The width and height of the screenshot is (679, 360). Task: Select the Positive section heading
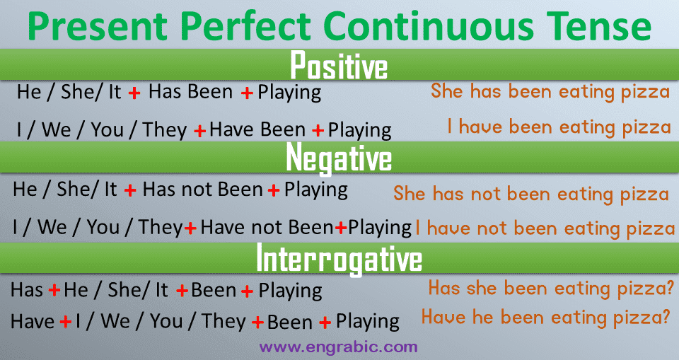click(x=339, y=65)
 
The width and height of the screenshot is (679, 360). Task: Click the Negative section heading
click(x=339, y=158)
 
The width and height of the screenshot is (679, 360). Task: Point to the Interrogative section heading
click(x=339, y=259)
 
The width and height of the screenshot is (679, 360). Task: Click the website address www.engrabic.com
click(x=339, y=347)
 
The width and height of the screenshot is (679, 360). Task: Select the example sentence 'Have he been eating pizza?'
click(x=546, y=318)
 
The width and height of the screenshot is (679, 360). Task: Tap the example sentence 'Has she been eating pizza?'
click(x=551, y=289)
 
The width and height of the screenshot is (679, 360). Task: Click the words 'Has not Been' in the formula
click(x=203, y=190)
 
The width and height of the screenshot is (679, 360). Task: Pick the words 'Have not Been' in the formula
click(x=267, y=228)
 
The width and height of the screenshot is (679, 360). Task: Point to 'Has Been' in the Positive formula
click(x=190, y=92)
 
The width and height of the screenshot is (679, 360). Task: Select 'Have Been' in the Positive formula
click(x=257, y=129)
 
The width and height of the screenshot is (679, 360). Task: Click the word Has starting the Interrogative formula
click(x=27, y=290)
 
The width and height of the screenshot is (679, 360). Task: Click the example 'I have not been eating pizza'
click(x=545, y=228)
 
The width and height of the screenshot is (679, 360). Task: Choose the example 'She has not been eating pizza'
click(x=531, y=194)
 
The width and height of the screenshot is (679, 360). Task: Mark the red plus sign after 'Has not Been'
click(x=274, y=190)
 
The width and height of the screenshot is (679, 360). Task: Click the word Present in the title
click(x=98, y=26)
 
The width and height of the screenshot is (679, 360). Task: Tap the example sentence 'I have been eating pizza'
click(x=559, y=127)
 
